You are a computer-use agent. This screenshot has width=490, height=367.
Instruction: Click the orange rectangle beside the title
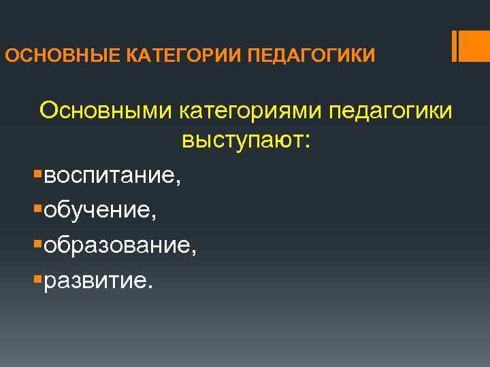(x=473, y=46)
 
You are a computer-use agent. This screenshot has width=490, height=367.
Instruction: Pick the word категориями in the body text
(x=250, y=110)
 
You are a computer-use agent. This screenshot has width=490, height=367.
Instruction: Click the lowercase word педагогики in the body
(x=390, y=110)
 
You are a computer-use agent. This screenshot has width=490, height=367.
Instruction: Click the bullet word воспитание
(x=109, y=177)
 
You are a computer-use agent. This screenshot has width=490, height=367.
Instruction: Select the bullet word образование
(x=116, y=245)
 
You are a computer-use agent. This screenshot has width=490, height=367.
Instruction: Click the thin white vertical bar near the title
(x=454, y=46)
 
